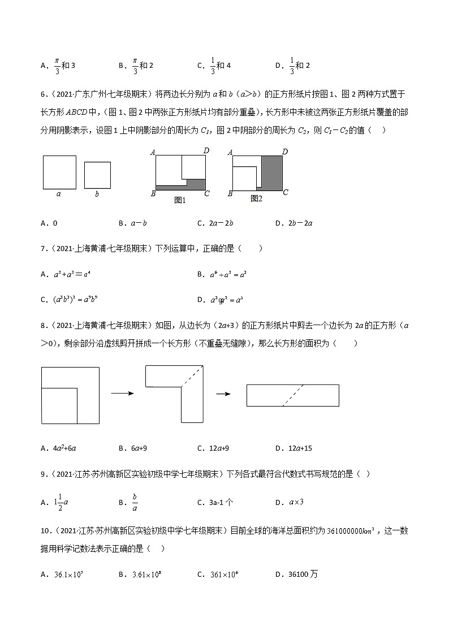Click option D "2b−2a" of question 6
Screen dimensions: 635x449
coord(300,223)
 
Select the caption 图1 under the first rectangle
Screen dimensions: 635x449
coord(180,200)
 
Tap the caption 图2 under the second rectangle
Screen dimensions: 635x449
coord(256,198)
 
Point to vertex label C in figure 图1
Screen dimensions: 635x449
coord(207,194)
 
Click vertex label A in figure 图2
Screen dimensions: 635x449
coord(230,152)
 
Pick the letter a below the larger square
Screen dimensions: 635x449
coord(59,194)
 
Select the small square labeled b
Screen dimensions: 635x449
coord(97,175)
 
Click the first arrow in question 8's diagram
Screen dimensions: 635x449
coord(122,394)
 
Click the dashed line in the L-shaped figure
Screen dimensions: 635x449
coord(192,376)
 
